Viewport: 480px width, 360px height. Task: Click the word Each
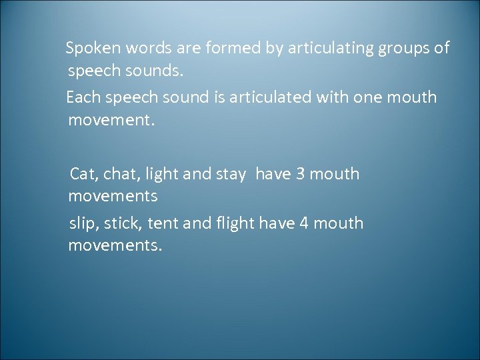click(x=83, y=97)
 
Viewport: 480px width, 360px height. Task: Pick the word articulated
click(x=269, y=97)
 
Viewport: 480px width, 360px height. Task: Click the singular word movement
click(x=111, y=121)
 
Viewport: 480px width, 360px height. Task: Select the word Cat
click(x=83, y=174)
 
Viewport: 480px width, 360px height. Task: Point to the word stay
click(x=231, y=174)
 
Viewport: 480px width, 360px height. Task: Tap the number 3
click(x=300, y=174)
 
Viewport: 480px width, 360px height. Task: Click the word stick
click(x=125, y=223)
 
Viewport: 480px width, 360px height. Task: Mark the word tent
click(x=164, y=223)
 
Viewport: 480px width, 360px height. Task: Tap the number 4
click(x=304, y=223)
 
